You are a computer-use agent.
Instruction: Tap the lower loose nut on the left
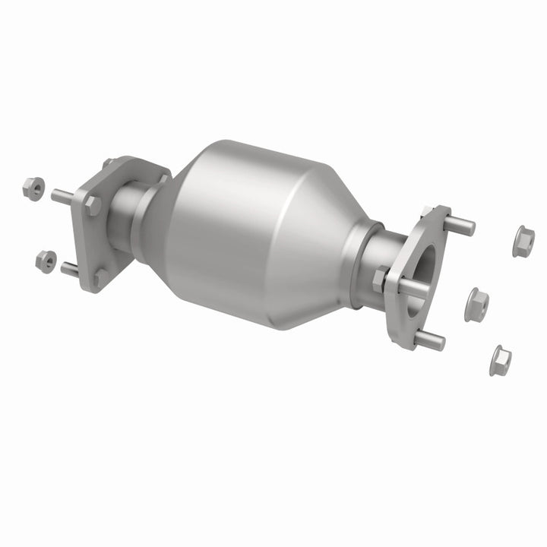pyautogui.click(x=46, y=260)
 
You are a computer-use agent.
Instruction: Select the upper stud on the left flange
pyautogui.click(x=62, y=196)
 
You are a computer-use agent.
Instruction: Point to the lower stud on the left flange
pyautogui.click(x=69, y=268)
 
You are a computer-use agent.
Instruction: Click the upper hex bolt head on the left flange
pyautogui.click(x=93, y=204)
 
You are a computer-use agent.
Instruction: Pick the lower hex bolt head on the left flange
pyautogui.click(x=100, y=277)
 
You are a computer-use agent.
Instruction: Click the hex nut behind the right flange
pyautogui.click(x=380, y=280)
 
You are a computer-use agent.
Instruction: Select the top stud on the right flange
pyautogui.click(x=459, y=226)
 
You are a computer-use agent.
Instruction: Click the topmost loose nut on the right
pyautogui.click(x=523, y=241)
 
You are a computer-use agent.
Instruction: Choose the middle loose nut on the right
pyautogui.click(x=476, y=304)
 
